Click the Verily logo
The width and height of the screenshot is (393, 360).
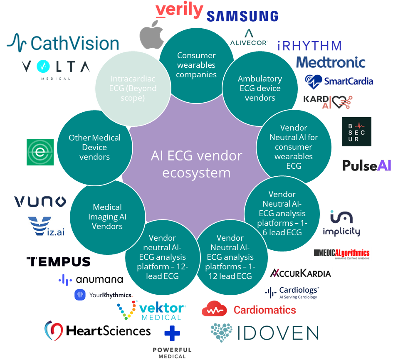pos(179,10)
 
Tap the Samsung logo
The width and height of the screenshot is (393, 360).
pos(242,16)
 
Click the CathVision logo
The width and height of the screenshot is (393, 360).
pos(63,43)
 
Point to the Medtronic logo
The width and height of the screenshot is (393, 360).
pos(331,62)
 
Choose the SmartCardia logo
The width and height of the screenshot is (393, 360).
pos(340,81)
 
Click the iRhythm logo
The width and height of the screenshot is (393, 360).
pos(309,45)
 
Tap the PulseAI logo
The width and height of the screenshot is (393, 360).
pos(367,165)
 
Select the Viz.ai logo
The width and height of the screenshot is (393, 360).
pos(46,226)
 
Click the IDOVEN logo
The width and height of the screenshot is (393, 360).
pos(264,333)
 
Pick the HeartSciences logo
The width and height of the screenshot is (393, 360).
pos(98,331)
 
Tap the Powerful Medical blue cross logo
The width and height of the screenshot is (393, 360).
pos(172,334)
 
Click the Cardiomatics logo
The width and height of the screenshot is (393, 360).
pos(249,310)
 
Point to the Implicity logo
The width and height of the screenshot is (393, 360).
pos(341,224)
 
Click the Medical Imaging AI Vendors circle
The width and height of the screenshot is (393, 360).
pos(107,217)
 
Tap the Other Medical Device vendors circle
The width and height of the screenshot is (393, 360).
pos(94,147)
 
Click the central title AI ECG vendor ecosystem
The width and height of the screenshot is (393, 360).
pos(196,164)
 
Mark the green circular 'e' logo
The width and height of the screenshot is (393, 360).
pos(40,152)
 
